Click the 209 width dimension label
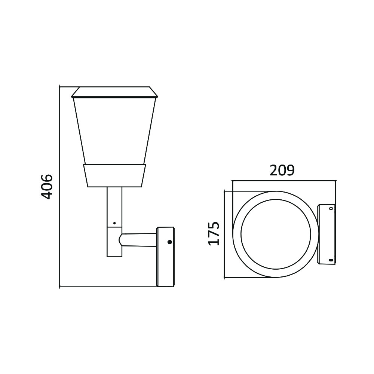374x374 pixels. [x=282, y=171]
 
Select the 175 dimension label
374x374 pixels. [x=214, y=233]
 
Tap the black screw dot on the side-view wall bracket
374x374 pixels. [x=170, y=242]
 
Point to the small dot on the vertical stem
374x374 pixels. [x=114, y=223]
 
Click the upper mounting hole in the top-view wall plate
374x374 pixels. [x=331, y=208]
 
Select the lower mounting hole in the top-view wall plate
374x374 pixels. [x=331, y=260]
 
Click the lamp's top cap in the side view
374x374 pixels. [x=115, y=92]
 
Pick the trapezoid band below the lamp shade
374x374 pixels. [x=114, y=175]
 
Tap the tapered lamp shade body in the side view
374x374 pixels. [x=115, y=131]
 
